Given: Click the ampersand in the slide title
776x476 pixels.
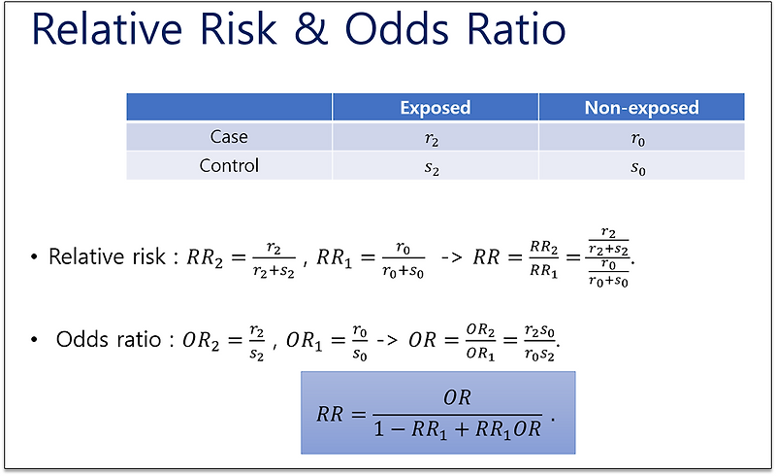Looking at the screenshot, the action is pos(311,30).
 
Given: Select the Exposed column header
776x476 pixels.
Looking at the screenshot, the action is pos(435,108).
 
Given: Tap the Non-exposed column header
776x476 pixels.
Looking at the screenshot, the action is pos(641,108).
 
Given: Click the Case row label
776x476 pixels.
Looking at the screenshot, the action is pos(229,136).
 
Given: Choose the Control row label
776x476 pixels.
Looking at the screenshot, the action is pos(229,165).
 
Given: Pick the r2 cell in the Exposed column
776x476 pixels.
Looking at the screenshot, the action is pos(432,139).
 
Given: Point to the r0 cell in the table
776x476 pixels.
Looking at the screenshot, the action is pos(638,139).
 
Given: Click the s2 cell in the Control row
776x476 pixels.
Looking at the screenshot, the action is pos(432,169).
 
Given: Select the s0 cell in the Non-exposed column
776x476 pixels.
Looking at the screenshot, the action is pos(638,169).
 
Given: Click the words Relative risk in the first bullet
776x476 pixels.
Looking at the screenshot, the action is pos(107,256).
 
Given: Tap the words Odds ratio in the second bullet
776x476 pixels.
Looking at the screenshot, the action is pos(109,340).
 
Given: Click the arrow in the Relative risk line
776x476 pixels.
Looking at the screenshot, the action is pos(451,257).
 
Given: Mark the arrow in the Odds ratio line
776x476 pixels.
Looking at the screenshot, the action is pos(386,341).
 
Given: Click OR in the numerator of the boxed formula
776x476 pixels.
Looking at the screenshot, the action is pos(457,397).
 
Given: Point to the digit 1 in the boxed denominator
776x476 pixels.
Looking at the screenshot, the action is pos(379,429).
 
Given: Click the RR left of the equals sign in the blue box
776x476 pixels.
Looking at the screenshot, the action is pos(330,414).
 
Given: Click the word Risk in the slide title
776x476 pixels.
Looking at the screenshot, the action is pos(238,29).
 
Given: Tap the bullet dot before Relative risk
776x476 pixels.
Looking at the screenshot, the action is pos(34,256).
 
